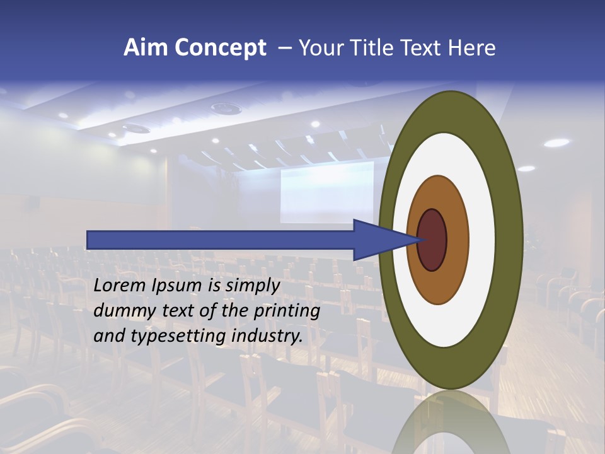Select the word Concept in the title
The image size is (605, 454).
(x=221, y=48)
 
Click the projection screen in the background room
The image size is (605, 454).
(x=326, y=192)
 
